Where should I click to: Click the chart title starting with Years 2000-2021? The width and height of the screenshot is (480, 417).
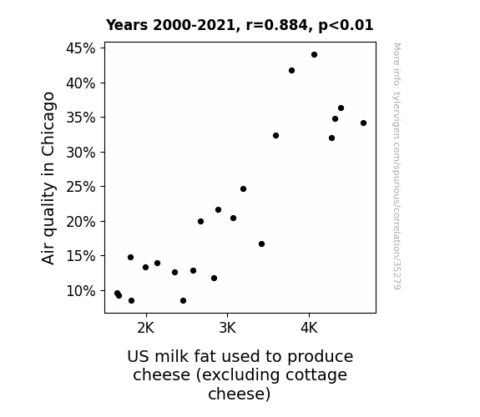pyautogui.click(x=240, y=25)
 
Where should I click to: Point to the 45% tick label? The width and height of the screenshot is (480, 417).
pyautogui.click(x=80, y=48)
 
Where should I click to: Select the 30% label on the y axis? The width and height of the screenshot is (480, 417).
pyautogui.click(x=80, y=152)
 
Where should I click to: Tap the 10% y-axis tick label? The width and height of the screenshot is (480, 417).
pyautogui.click(x=80, y=290)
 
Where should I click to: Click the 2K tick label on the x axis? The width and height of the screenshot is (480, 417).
pyautogui.click(x=146, y=328)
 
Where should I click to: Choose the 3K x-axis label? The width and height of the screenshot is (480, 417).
pyautogui.click(x=227, y=328)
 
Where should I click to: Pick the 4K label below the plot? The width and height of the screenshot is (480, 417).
pyautogui.click(x=309, y=328)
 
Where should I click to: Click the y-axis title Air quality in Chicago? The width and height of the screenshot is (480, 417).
pyautogui.click(x=48, y=178)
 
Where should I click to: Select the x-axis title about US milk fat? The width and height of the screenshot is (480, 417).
pyautogui.click(x=240, y=375)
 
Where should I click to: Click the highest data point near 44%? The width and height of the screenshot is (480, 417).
pyautogui.click(x=314, y=55)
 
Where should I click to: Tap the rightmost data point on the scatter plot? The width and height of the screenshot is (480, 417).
pyautogui.click(x=363, y=123)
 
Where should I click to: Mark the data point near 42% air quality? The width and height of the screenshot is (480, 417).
pyautogui.click(x=291, y=71)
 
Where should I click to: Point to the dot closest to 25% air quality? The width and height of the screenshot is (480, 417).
pyautogui.click(x=244, y=189)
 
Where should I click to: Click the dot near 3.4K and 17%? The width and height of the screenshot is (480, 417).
pyautogui.click(x=262, y=244)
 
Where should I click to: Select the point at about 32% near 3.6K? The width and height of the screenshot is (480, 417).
pyautogui.click(x=275, y=136)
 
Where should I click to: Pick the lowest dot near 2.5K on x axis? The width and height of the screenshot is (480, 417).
pyautogui.click(x=184, y=301)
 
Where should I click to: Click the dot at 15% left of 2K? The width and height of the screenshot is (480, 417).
pyautogui.click(x=131, y=258)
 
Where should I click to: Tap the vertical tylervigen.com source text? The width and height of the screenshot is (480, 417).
pyautogui.click(x=397, y=166)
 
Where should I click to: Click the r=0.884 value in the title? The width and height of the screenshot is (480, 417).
pyautogui.click(x=277, y=25)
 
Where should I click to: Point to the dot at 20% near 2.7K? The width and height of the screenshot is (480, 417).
pyautogui.click(x=201, y=222)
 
